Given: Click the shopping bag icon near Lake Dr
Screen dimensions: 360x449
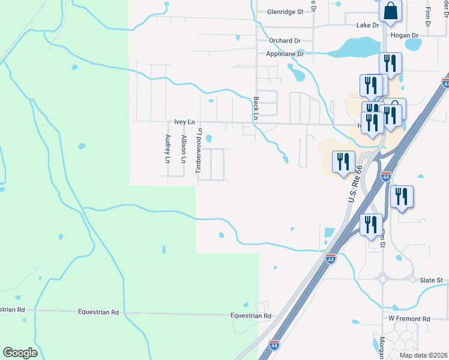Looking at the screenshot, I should (x=390, y=11).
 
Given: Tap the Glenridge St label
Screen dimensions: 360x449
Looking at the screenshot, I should (x=286, y=11).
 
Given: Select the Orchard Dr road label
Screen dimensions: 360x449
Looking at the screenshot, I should (x=285, y=41).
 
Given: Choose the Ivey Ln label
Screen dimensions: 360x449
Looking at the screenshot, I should (x=185, y=122).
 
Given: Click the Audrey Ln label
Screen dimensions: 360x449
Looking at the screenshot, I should (x=168, y=149).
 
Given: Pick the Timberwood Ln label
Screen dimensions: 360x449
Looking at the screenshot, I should (x=200, y=151).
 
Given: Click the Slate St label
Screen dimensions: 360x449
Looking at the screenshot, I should (x=431, y=280).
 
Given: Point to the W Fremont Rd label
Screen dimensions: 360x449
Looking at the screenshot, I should (x=409, y=319).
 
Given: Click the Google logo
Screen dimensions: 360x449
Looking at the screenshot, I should (x=20, y=353).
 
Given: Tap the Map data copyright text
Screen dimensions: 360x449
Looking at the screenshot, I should (x=423, y=355).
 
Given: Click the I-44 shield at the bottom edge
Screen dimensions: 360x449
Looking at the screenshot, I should (x=274, y=345).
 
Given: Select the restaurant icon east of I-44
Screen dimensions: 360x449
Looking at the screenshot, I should (x=401, y=196).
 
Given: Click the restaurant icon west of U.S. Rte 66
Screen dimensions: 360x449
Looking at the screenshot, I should (x=343, y=161).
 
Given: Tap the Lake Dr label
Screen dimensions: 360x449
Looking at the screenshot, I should (x=368, y=25).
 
